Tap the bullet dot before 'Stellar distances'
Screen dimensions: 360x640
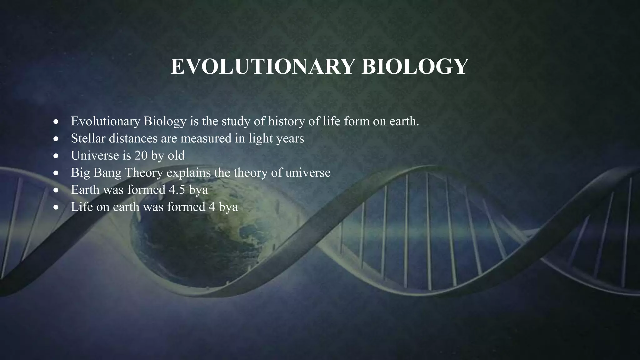click(56, 139)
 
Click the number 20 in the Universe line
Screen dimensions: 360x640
click(141, 156)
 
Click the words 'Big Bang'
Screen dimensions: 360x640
click(96, 173)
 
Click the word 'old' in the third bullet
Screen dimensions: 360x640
click(176, 156)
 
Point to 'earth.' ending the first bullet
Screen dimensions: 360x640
click(404, 121)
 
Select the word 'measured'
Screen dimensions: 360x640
click(206, 138)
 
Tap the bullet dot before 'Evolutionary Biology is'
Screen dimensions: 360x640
click(56, 122)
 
